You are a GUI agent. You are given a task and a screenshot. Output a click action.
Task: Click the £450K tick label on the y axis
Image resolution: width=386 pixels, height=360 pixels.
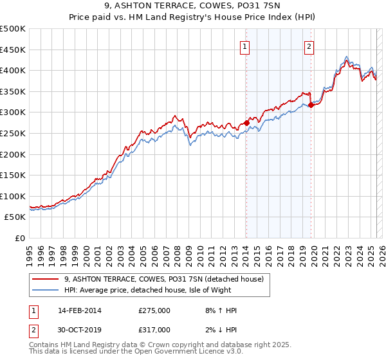point(13,50)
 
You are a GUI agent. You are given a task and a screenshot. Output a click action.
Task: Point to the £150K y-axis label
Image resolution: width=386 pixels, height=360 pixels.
point(13,175)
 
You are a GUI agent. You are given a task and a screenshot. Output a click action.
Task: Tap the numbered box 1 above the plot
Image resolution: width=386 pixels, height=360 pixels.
point(246,46)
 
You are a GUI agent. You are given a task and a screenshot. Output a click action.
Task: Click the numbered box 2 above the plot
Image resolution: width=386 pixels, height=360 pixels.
point(309,46)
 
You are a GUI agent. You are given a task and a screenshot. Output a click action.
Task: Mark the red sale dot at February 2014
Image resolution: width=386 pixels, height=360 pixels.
point(246,123)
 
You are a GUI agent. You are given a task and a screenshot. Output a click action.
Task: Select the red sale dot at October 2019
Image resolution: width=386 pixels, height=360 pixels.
point(311,105)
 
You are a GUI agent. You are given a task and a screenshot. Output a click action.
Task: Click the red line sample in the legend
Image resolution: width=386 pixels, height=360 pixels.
point(46,279)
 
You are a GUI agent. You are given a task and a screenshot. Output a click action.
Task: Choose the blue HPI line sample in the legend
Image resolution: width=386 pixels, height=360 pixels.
point(46,290)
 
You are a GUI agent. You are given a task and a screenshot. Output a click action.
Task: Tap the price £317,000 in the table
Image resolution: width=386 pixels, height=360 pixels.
point(154,330)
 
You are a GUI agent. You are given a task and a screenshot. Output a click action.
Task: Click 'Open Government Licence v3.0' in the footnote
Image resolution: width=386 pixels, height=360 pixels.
point(177,352)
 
